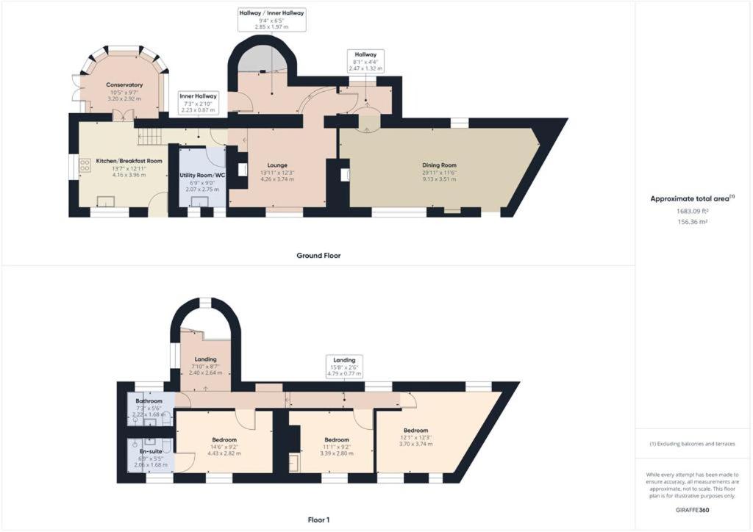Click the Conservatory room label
tap(124, 85)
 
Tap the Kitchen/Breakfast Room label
tap(129, 161)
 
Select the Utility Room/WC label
tap(202, 176)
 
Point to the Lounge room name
tap(277, 165)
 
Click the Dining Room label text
tap(439, 165)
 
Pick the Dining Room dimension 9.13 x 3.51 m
tap(439, 179)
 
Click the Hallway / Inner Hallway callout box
tap(272, 20)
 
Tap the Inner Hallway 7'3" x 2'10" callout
tap(199, 103)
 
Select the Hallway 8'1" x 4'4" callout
tap(366, 62)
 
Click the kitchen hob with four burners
tap(85, 165)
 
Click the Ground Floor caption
tap(318, 256)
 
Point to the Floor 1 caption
tap(318, 520)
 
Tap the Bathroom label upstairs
tap(149, 401)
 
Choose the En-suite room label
tap(151, 451)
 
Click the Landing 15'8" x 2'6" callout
tap(344, 367)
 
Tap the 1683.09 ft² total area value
tap(693, 210)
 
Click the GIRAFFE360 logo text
tap(692, 510)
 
